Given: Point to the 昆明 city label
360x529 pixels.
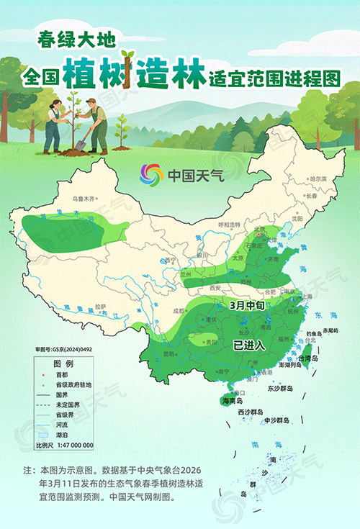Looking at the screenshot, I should tap(168, 354).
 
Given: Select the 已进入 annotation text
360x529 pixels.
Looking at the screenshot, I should tap(250, 345).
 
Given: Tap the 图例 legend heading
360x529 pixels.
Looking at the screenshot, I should tap(64, 364).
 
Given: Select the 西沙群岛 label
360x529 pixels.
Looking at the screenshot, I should tap(251, 412).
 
